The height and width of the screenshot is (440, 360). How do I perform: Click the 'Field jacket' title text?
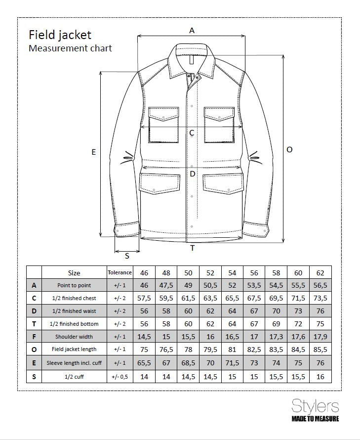click(60, 35)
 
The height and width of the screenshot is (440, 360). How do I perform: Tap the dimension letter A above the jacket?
click(192, 31)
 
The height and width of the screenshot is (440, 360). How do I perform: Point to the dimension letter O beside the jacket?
click(289, 149)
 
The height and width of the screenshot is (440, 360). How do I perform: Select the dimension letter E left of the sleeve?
click(93, 152)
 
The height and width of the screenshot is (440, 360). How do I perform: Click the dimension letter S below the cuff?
click(127, 256)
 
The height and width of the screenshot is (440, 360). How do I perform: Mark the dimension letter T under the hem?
click(193, 248)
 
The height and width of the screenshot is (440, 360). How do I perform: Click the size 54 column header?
click(232, 273)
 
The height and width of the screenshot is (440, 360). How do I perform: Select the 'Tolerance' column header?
click(120, 272)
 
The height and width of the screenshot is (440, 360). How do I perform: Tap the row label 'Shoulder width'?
click(74, 337)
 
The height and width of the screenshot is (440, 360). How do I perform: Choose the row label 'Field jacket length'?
click(74, 350)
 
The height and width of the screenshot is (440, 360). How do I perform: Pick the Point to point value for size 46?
click(144, 286)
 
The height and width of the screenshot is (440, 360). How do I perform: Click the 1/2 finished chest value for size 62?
click(320, 299)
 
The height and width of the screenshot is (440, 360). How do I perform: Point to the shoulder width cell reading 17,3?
click(276, 337)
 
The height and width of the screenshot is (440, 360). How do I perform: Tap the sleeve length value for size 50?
click(188, 363)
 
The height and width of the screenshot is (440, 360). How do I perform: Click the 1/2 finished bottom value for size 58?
click(276, 324)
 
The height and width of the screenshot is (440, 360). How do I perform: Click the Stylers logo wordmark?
click(315, 406)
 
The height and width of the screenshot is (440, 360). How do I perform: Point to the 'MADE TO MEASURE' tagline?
click(315, 419)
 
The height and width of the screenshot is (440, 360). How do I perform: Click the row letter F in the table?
click(34, 337)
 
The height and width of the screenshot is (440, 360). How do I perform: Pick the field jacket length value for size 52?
click(210, 350)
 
